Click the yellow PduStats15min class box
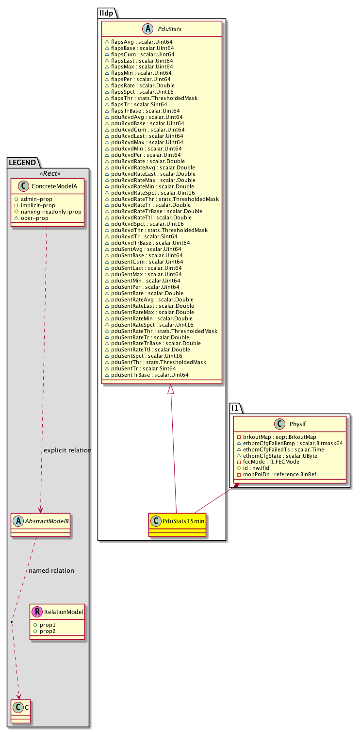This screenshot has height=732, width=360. pyautogui.click(x=177, y=525)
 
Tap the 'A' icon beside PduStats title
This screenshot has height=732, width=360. pyautogui.click(x=148, y=29)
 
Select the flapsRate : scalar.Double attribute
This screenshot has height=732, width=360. pyautogui.click(x=140, y=85)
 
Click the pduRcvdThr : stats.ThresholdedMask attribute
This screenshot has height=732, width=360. pyautogui.click(x=156, y=230)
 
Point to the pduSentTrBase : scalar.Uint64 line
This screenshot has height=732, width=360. pyautogui.click(x=147, y=375)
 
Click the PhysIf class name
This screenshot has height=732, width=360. pyautogui.click(x=297, y=424)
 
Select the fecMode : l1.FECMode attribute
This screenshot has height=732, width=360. pyautogui.click(x=268, y=462)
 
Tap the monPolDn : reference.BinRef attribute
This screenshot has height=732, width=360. pyautogui.click(x=277, y=474)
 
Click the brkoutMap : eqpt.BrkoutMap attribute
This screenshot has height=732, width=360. pyautogui.click(x=277, y=437)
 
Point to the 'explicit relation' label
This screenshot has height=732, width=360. pyautogui.click(x=67, y=450)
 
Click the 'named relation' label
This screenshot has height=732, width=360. pyautogui.click(x=51, y=570)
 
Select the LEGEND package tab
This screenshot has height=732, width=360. pyautogui.click(x=22, y=163)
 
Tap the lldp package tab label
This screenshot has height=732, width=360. pyautogui.click(x=107, y=13)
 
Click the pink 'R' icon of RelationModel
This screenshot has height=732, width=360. pyautogui.click(x=37, y=612)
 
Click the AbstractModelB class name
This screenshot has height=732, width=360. pyautogui.click(x=47, y=521)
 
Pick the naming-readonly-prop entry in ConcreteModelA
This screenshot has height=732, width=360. pyautogui.click(x=48, y=212)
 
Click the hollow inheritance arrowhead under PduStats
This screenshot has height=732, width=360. pyautogui.click(x=170, y=389)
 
